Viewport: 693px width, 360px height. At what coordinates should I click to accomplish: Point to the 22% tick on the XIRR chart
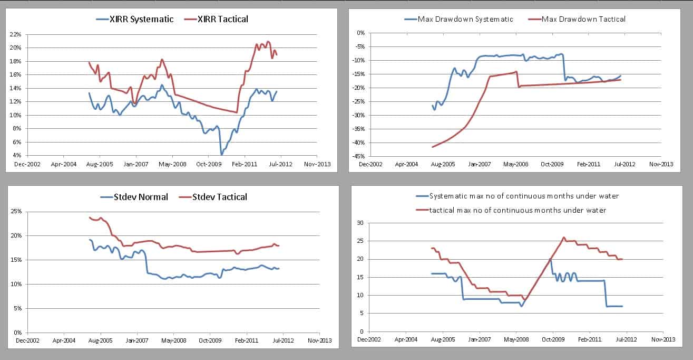pyautogui.click(x=15, y=34)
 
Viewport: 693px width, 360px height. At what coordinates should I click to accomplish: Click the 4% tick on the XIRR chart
pyautogui.click(x=17, y=156)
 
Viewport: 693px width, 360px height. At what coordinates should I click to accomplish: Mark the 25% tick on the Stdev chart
pyautogui.click(x=15, y=212)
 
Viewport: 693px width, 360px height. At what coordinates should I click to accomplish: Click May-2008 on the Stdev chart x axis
pyautogui.click(x=174, y=341)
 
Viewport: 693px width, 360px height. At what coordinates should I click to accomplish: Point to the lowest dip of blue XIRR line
pyautogui.click(x=221, y=154)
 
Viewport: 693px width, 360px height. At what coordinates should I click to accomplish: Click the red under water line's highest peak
pyautogui.click(x=564, y=238)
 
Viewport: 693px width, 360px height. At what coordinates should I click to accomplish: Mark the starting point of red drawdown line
pyautogui.click(x=433, y=147)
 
